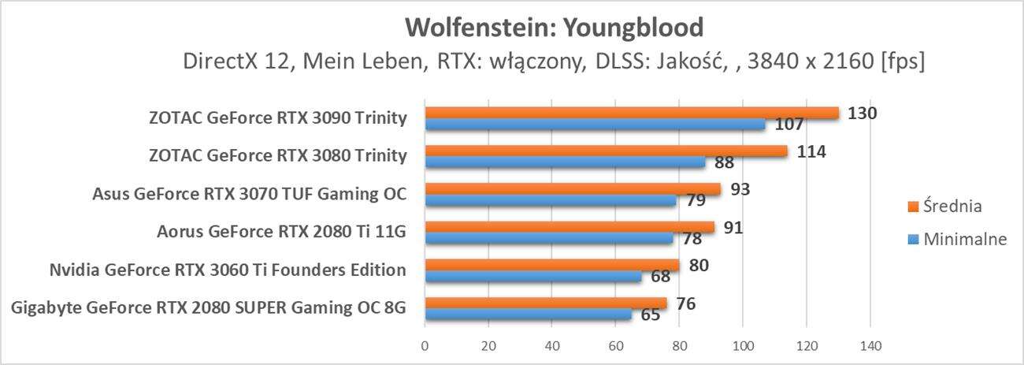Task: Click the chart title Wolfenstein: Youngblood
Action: (x=553, y=28)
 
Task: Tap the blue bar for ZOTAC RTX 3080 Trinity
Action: (x=565, y=162)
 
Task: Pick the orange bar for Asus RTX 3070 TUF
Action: (x=573, y=189)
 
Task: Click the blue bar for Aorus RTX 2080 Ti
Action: (x=549, y=238)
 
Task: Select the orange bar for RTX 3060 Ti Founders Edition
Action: (x=552, y=265)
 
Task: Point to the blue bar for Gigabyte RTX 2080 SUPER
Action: (x=528, y=314)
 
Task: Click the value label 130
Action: (x=862, y=113)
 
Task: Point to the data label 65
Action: (x=651, y=315)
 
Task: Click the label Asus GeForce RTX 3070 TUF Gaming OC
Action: (x=250, y=194)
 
